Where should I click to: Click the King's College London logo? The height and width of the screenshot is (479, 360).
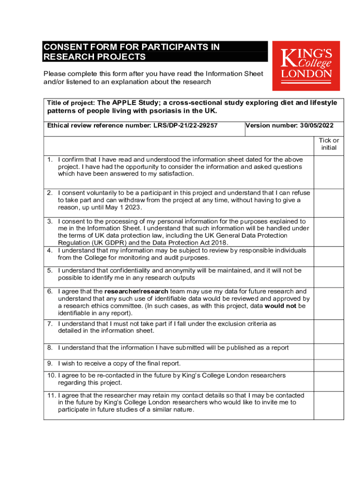click(x=306, y=65)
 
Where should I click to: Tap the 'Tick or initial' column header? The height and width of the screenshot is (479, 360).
click(x=329, y=144)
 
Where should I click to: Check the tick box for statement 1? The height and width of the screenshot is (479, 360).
click(x=329, y=172)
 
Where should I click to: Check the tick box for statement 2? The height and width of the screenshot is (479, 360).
click(x=329, y=202)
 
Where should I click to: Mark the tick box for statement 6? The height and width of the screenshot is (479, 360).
click(x=329, y=303)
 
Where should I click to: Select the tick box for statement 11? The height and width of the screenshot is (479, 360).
click(x=329, y=405)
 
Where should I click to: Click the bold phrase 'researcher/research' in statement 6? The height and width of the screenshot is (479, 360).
click(x=137, y=291)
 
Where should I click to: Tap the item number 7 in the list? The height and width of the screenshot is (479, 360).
click(x=50, y=324)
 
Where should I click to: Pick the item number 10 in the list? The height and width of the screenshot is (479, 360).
click(x=51, y=375)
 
